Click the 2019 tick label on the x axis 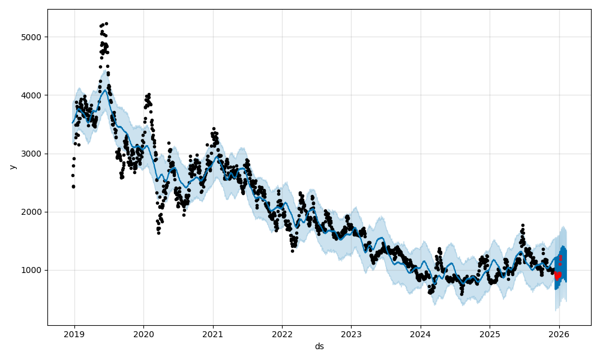pyautogui.click(x=74, y=334)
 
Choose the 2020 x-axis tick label pyautogui.click(x=143, y=334)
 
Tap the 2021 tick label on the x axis pyautogui.click(x=213, y=334)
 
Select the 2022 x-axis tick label pyautogui.click(x=282, y=334)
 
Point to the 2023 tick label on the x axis pyautogui.click(x=351, y=334)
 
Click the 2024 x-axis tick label pyautogui.click(x=421, y=334)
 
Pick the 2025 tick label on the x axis pyautogui.click(x=490, y=334)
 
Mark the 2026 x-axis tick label pyautogui.click(x=559, y=334)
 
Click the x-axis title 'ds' pyautogui.click(x=319, y=346)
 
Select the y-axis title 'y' pyautogui.click(x=11, y=167)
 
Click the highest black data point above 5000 pyautogui.click(x=106, y=23)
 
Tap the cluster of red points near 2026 pyautogui.click(x=557, y=275)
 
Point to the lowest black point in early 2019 pyautogui.click(x=73, y=187)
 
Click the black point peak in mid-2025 pyautogui.click(x=523, y=225)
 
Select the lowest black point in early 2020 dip pyautogui.click(x=158, y=232)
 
